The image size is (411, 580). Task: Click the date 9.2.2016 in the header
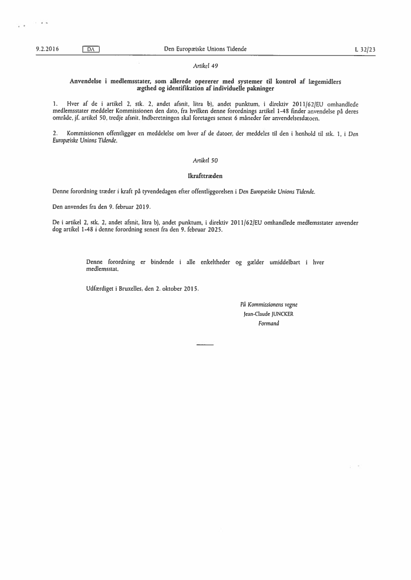coord(47,49)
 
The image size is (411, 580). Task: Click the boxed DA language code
coord(91,49)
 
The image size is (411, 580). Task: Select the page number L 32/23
coord(365,49)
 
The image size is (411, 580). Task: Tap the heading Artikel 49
coord(205,65)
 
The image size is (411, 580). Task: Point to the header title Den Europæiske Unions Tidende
coord(205,49)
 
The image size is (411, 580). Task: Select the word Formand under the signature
coord(269,323)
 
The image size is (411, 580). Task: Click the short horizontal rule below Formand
coord(205,344)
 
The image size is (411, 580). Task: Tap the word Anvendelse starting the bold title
coord(86,81)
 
